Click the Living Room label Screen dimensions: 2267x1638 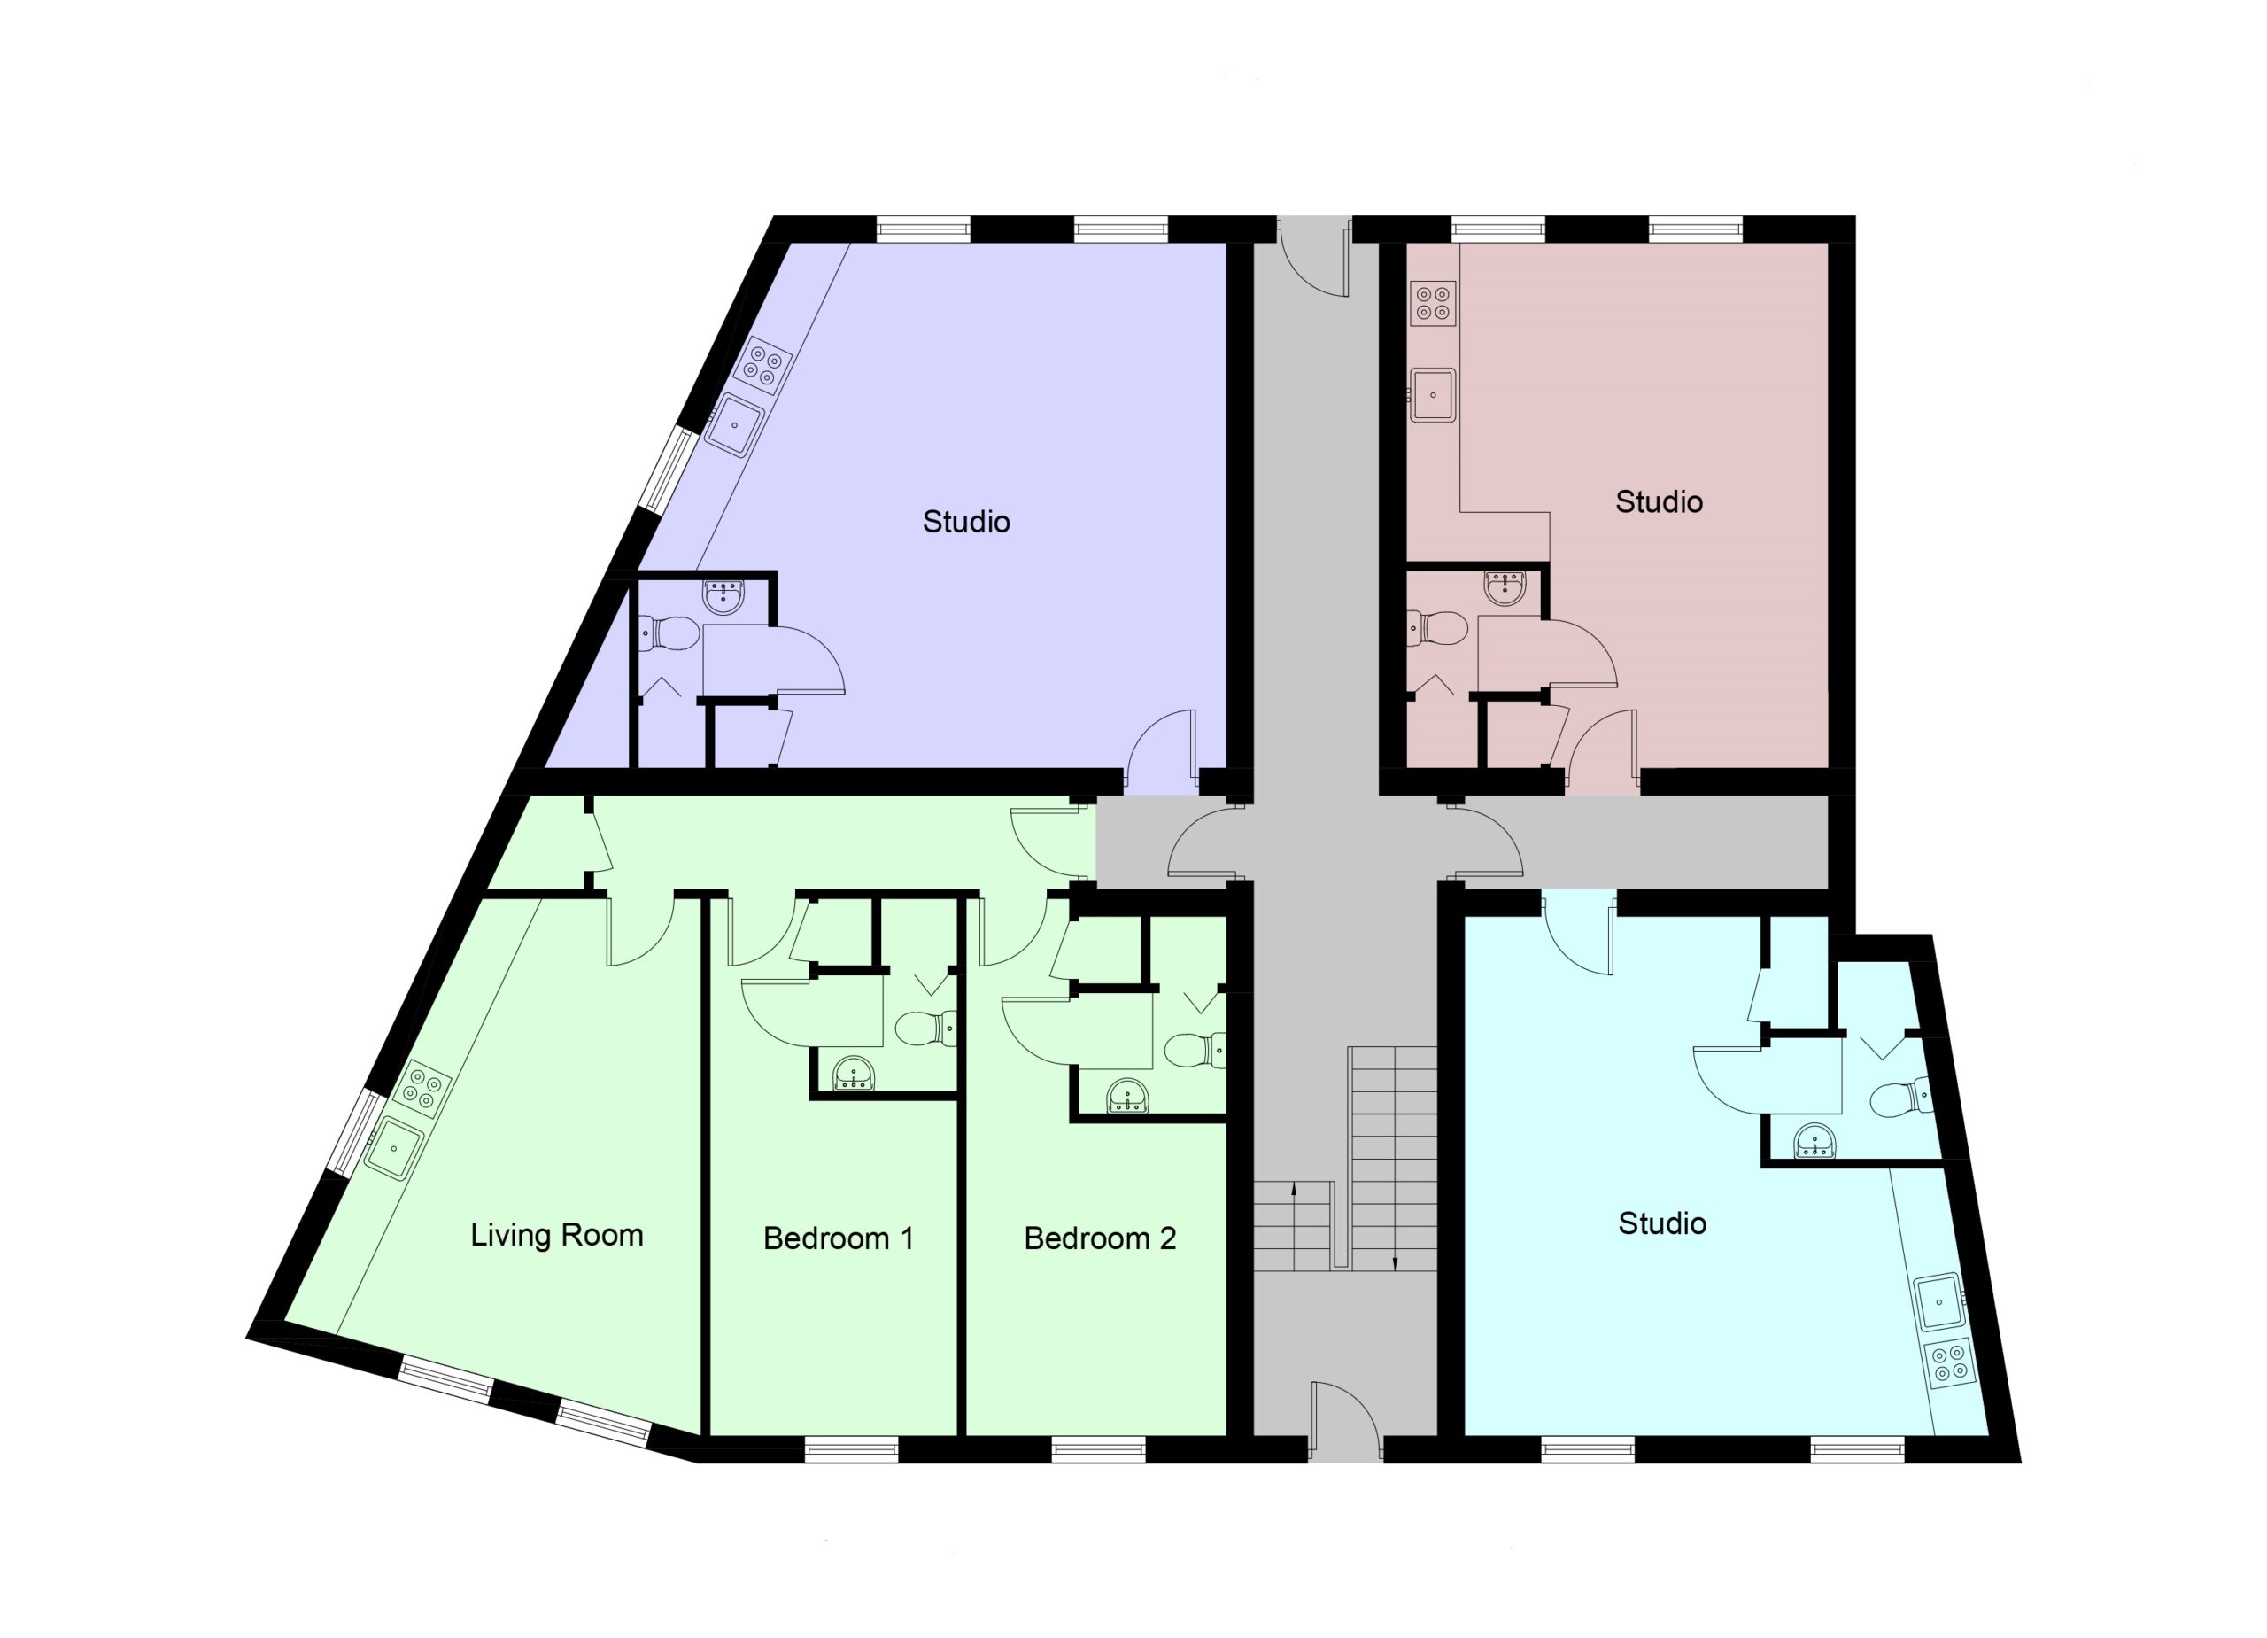click(557, 1235)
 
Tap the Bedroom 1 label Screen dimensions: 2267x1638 click(839, 1239)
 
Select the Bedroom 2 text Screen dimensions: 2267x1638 click(1100, 1239)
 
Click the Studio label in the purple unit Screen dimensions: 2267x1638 click(965, 522)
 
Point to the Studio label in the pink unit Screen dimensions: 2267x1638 click(1660, 502)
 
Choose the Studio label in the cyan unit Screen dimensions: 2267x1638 click(1662, 1223)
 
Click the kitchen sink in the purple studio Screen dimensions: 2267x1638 click(734, 425)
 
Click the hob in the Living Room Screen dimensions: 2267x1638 click(421, 1088)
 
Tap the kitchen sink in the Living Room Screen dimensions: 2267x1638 click(393, 1148)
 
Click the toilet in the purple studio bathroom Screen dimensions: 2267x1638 click(667, 632)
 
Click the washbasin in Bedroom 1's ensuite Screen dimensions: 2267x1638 click(855, 1073)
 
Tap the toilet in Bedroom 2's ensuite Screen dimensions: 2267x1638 click(1195, 1050)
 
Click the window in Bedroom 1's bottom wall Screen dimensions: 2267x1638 click(852, 1450)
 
